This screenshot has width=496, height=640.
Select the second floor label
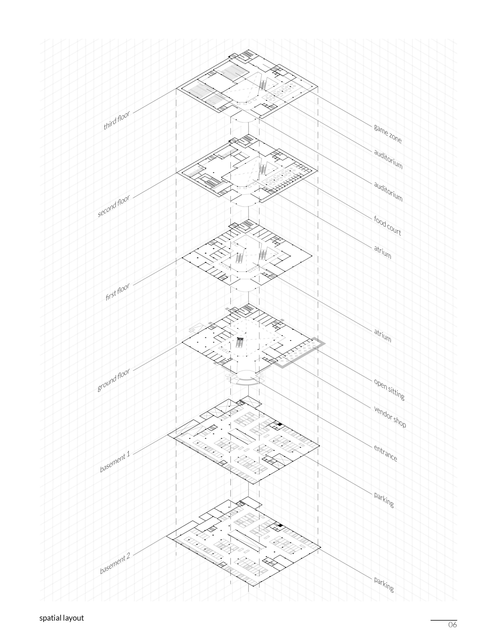click(x=114, y=206)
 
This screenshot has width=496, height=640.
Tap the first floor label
click(x=118, y=292)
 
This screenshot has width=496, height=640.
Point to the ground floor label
click(x=114, y=380)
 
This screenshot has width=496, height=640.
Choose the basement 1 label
click(x=115, y=462)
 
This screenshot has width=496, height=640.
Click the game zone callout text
click(x=387, y=134)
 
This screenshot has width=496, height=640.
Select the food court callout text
click(x=387, y=225)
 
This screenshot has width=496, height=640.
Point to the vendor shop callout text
click(x=390, y=416)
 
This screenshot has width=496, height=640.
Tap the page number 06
click(x=452, y=625)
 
